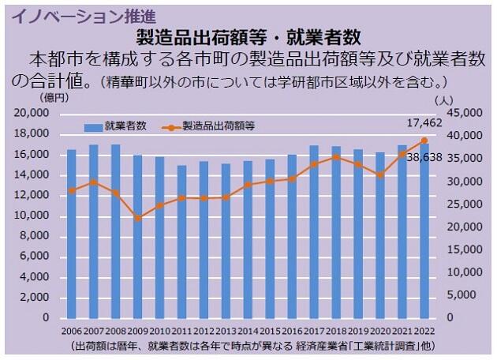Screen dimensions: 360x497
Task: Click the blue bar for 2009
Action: (137, 237)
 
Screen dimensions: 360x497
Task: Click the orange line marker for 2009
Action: (137, 218)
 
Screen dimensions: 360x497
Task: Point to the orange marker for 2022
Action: (424, 140)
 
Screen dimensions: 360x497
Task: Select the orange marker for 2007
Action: (93, 182)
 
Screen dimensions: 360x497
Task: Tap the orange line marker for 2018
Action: (336, 157)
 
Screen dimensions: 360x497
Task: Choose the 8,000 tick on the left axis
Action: (37, 236)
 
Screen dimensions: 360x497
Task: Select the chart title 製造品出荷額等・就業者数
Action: (248, 36)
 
